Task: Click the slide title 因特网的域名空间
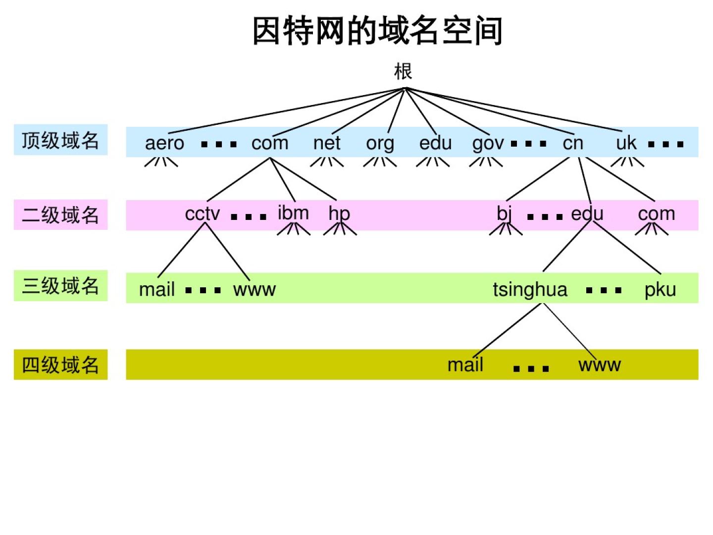coord(377,31)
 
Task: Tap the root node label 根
coord(403,71)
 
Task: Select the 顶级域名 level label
coord(60,140)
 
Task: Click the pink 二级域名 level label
coord(60,215)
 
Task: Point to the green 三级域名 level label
coord(60,286)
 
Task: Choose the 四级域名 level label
coord(60,365)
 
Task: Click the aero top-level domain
coord(164,143)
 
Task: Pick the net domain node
coord(327,143)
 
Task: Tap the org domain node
coord(380,144)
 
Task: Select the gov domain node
coord(488,144)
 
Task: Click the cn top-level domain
coord(573,143)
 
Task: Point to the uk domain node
coord(626,143)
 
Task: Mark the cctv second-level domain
coord(202,214)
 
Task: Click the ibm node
coord(293,213)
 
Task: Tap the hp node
coord(339,214)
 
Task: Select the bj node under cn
coord(504,214)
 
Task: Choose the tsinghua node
coord(530,290)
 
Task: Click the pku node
coord(660,290)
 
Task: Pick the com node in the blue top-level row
coord(270,143)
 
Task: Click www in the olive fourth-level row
coord(599,365)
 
